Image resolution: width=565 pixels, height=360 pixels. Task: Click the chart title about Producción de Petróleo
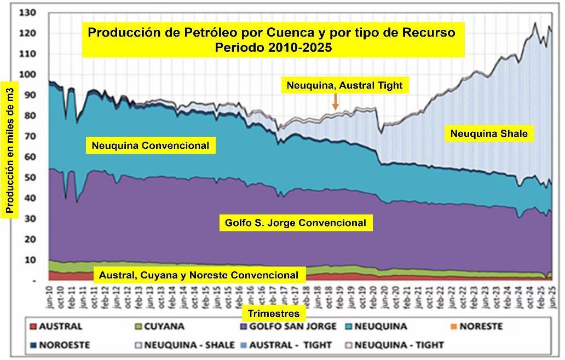272,39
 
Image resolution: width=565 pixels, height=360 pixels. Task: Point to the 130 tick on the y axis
27,13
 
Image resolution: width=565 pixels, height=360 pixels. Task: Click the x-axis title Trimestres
274,313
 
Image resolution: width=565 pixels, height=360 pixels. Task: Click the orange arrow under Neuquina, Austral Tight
335,101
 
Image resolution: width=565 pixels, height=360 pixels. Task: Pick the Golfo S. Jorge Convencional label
295,223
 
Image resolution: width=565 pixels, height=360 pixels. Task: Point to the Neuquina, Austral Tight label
344,85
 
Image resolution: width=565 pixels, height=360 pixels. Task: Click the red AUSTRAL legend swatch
33,327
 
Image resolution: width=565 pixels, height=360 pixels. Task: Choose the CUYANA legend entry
160,327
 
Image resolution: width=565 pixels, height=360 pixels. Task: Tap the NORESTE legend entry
476,327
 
